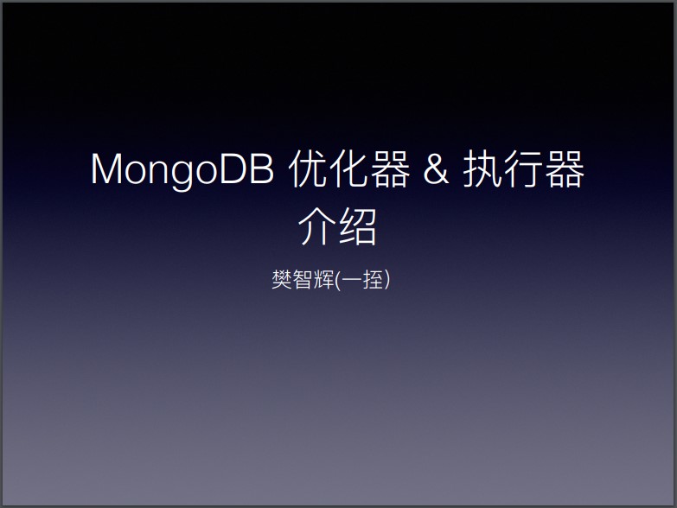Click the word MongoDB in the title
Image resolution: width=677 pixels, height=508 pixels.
click(x=182, y=170)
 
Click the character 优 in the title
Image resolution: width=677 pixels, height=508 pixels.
click(x=308, y=168)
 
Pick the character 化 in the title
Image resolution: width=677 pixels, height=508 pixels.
click(x=348, y=168)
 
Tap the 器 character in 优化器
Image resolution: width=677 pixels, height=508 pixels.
click(x=389, y=168)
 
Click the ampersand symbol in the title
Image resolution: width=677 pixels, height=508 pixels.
click(x=436, y=168)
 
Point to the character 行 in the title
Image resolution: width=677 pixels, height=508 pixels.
click(x=523, y=168)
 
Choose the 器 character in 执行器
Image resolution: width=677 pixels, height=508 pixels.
click(x=565, y=168)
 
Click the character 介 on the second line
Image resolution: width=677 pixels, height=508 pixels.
click(x=317, y=226)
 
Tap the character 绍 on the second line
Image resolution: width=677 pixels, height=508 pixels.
click(x=358, y=226)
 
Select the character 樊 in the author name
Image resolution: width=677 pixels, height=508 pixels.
click(x=282, y=279)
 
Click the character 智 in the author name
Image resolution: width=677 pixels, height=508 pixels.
click(x=303, y=279)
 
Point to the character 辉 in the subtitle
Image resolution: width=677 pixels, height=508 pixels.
click(x=324, y=279)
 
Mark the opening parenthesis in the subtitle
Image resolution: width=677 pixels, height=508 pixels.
click(x=338, y=280)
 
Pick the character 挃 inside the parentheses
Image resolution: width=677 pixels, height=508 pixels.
click(x=373, y=279)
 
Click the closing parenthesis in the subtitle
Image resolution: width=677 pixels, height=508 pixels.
click(x=387, y=280)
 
